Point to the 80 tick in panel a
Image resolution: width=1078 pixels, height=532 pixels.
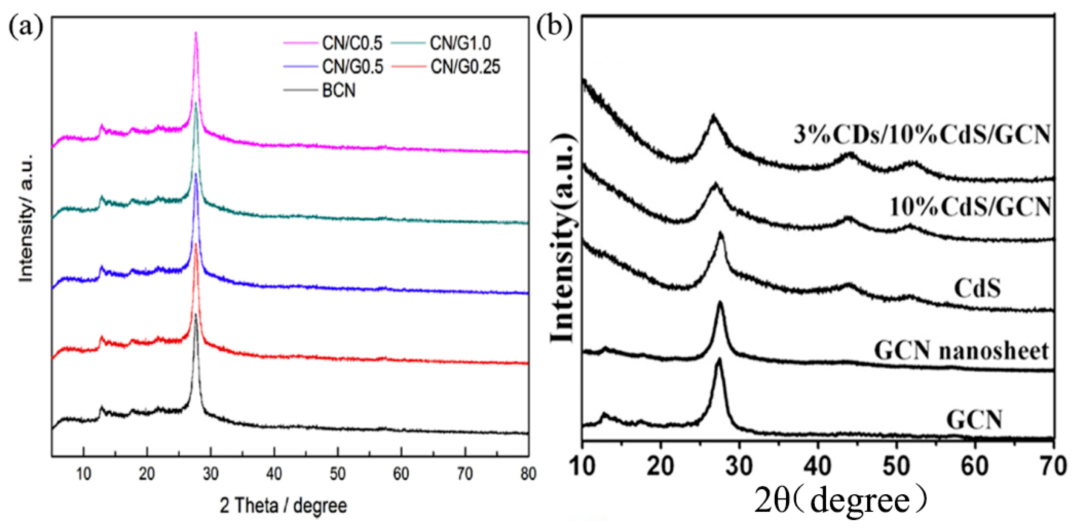pos(528,474)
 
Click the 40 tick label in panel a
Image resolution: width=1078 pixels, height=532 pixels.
pos(274,474)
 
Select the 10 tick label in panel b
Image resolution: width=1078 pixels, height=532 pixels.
pos(583,466)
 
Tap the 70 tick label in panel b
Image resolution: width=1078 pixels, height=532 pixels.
pos(1053,466)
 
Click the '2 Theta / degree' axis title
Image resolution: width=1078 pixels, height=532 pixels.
pos(283,506)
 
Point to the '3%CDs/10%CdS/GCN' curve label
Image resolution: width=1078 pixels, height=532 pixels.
pos(922,135)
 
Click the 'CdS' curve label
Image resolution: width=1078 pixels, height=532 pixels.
pos(977,288)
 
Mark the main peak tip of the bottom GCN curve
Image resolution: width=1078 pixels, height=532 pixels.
pos(719,360)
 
